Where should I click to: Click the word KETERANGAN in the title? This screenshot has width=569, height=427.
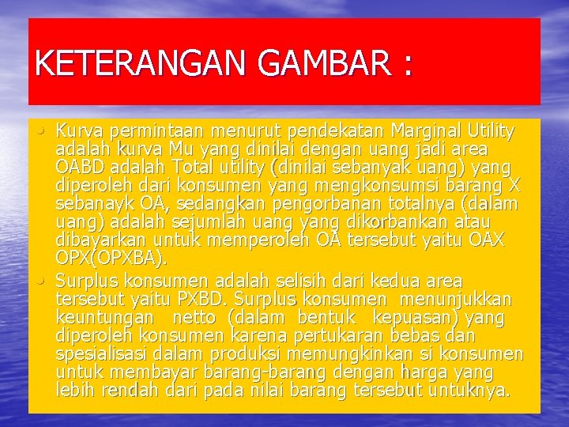point(130,63)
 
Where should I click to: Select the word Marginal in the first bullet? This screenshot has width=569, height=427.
point(428,130)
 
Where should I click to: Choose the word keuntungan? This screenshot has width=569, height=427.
point(105,319)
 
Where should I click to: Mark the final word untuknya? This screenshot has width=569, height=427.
point(471,391)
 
